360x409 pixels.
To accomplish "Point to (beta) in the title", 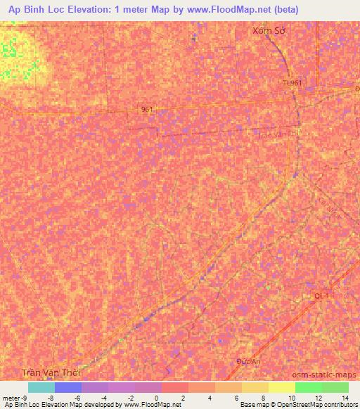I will [279, 9].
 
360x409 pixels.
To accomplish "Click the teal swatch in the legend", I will [41, 387].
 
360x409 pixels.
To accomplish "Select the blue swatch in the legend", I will [67, 387].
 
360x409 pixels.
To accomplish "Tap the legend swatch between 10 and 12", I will [308, 387].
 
